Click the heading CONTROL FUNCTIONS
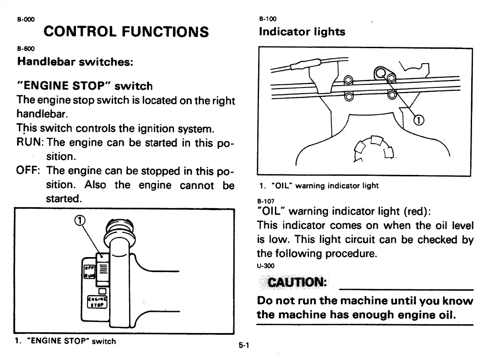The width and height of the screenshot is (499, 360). pyautogui.click(x=126, y=32)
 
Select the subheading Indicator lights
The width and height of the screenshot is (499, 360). pyautogui.click(x=302, y=32)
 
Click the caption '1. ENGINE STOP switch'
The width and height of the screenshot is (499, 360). pyautogui.click(x=65, y=341)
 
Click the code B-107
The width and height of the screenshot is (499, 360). pyautogui.click(x=265, y=201)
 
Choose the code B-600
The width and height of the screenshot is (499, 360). pyautogui.click(x=23, y=48)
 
